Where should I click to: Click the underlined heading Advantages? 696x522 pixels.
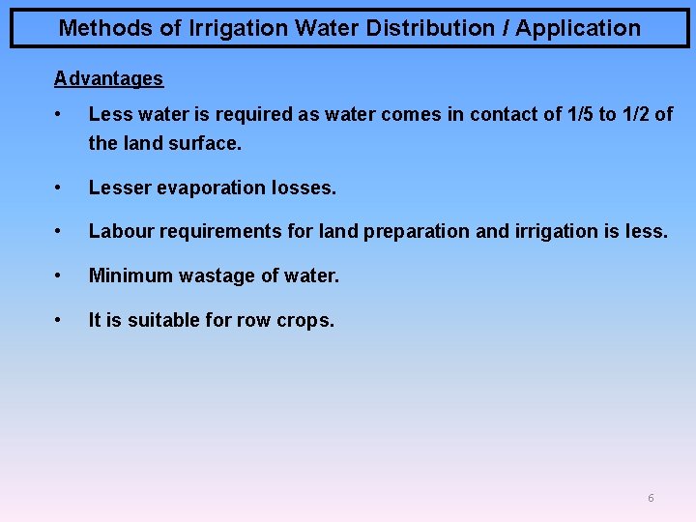[108, 78]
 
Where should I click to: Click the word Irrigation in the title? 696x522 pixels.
[239, 28]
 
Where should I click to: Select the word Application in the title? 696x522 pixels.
[577, 28]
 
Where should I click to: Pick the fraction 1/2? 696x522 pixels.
[634, 114]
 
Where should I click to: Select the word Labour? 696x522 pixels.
[118, 232]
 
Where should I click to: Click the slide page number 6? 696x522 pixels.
[651, 498]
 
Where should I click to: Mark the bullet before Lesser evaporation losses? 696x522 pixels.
[60, 187]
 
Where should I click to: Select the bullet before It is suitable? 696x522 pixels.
[60, 319]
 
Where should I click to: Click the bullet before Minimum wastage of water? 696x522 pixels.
[60, 275]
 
